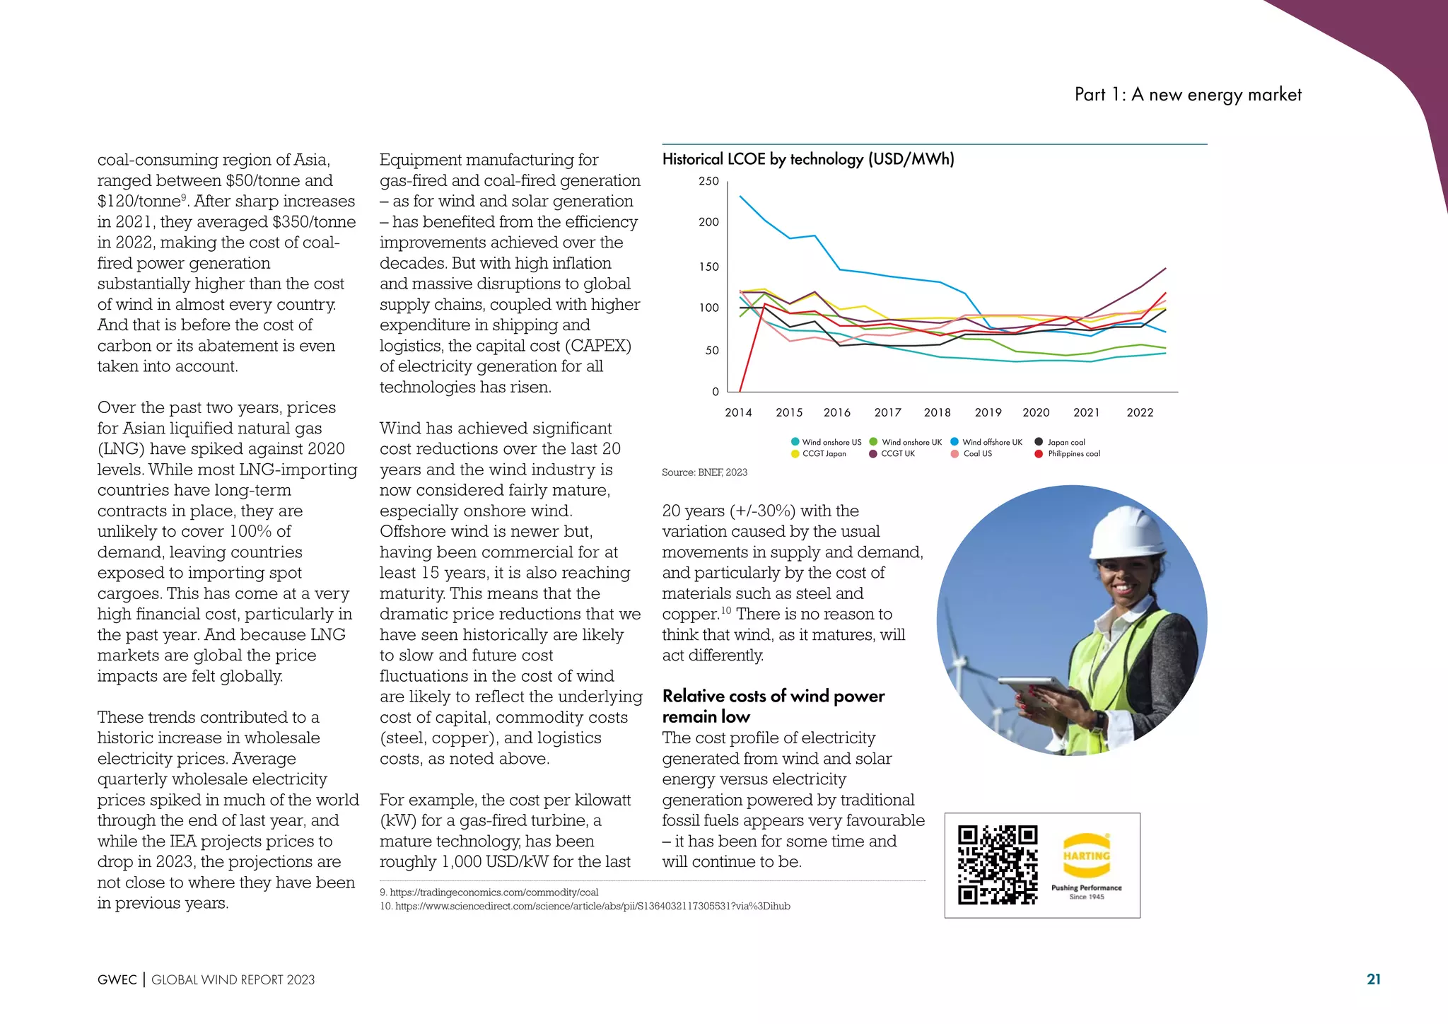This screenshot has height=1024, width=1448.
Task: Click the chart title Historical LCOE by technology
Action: point(807,159)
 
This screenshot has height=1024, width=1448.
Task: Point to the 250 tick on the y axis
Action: point(708,181)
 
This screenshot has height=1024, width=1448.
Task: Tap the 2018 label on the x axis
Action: point(937,412)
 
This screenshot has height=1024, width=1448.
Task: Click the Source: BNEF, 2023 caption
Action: point(704,472)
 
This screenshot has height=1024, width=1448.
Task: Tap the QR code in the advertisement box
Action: point(997,865)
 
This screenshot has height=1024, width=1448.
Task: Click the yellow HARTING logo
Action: point(1087,855)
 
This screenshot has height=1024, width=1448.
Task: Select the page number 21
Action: point(1373,979)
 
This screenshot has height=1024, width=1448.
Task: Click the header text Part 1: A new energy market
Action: point(1188,95)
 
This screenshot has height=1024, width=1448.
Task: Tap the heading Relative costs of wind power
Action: point(773,696)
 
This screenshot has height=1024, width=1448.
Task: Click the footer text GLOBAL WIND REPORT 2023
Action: point(233,979)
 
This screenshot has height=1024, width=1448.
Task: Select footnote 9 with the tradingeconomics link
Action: point(489,892)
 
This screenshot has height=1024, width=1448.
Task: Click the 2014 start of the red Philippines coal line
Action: point(740,390)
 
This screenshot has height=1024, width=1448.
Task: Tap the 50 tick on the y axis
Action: point(711,351)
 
